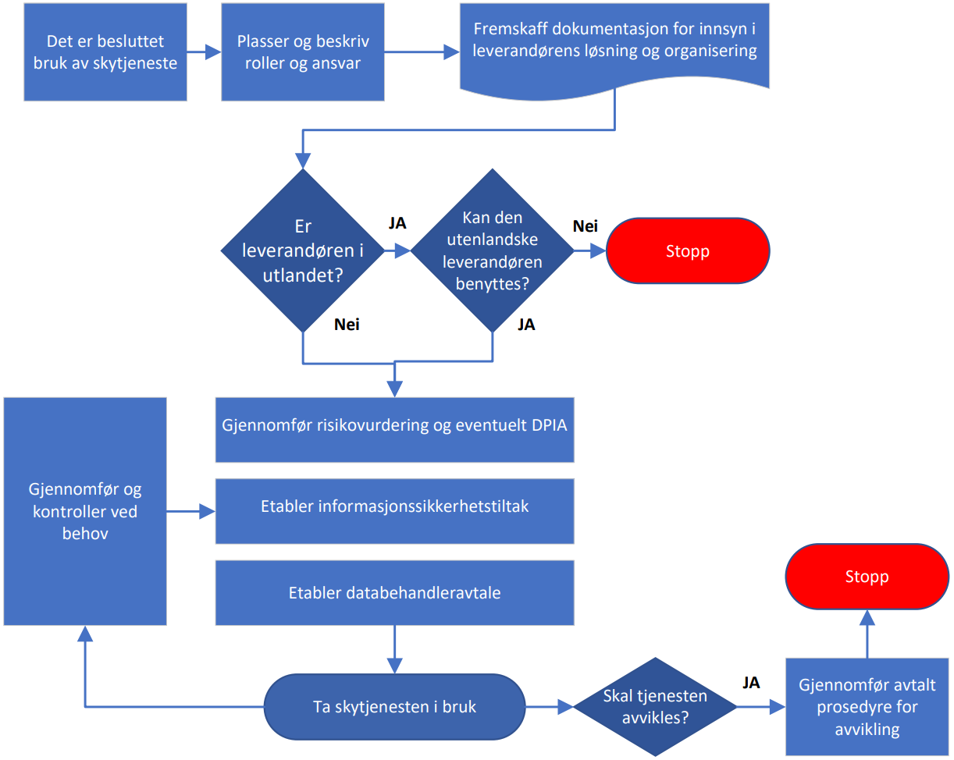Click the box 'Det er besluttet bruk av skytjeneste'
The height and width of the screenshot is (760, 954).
(105, 52)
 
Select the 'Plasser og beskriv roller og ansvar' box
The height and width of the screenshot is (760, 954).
(303, 52)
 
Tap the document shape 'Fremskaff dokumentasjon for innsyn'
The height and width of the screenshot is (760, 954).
(615, 43)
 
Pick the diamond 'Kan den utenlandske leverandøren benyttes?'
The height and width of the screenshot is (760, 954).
(492, 250)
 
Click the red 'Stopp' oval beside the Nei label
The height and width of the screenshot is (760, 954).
(688, 250)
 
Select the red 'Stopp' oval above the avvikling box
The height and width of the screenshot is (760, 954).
(867, 577)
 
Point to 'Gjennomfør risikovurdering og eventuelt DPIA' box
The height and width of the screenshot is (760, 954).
(394, 427)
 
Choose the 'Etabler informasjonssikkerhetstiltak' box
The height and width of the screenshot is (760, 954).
(394, 507)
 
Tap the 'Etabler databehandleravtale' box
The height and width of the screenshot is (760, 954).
(394, 593)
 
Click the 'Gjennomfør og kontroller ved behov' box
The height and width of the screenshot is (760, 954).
(85, 511)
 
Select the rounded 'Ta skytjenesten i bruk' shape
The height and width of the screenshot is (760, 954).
(394, 707)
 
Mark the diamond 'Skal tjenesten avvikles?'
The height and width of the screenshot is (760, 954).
(655, 707)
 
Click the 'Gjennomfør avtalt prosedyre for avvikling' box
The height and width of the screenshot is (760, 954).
(867, 707)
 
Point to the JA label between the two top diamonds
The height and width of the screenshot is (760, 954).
(397, 223)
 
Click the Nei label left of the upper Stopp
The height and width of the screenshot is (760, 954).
(585, 226)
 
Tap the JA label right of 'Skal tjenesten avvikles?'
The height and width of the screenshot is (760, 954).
(751, 683)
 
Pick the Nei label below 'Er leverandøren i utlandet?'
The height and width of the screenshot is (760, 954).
(347, 325)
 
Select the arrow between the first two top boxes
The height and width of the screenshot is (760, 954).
(204, 52)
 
